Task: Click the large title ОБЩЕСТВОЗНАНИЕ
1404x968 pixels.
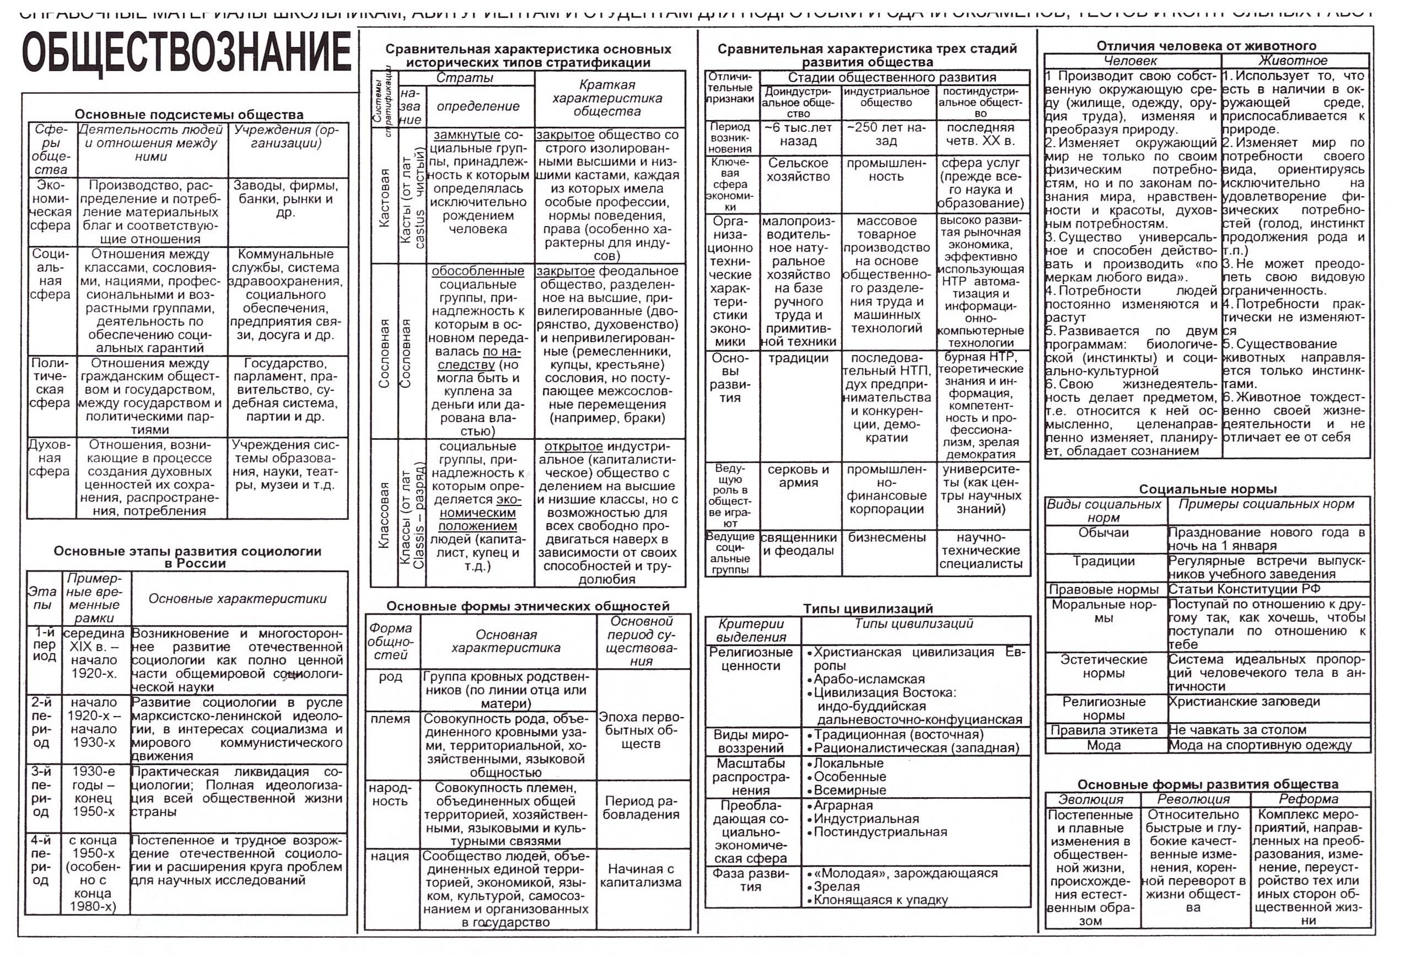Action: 187,53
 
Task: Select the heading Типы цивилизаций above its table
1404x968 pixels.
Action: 868,609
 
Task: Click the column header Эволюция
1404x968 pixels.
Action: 1091,799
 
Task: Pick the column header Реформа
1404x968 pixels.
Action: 1308,799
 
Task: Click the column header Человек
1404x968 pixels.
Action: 1131,61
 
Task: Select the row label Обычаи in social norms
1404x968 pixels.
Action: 1103,533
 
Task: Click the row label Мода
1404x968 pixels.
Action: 1103,745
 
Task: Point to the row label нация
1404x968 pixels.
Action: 390,857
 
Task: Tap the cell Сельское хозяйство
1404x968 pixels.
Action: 798,170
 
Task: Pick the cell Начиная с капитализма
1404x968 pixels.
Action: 641,876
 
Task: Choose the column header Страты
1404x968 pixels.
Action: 465,78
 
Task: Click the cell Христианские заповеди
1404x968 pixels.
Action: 1241,702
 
